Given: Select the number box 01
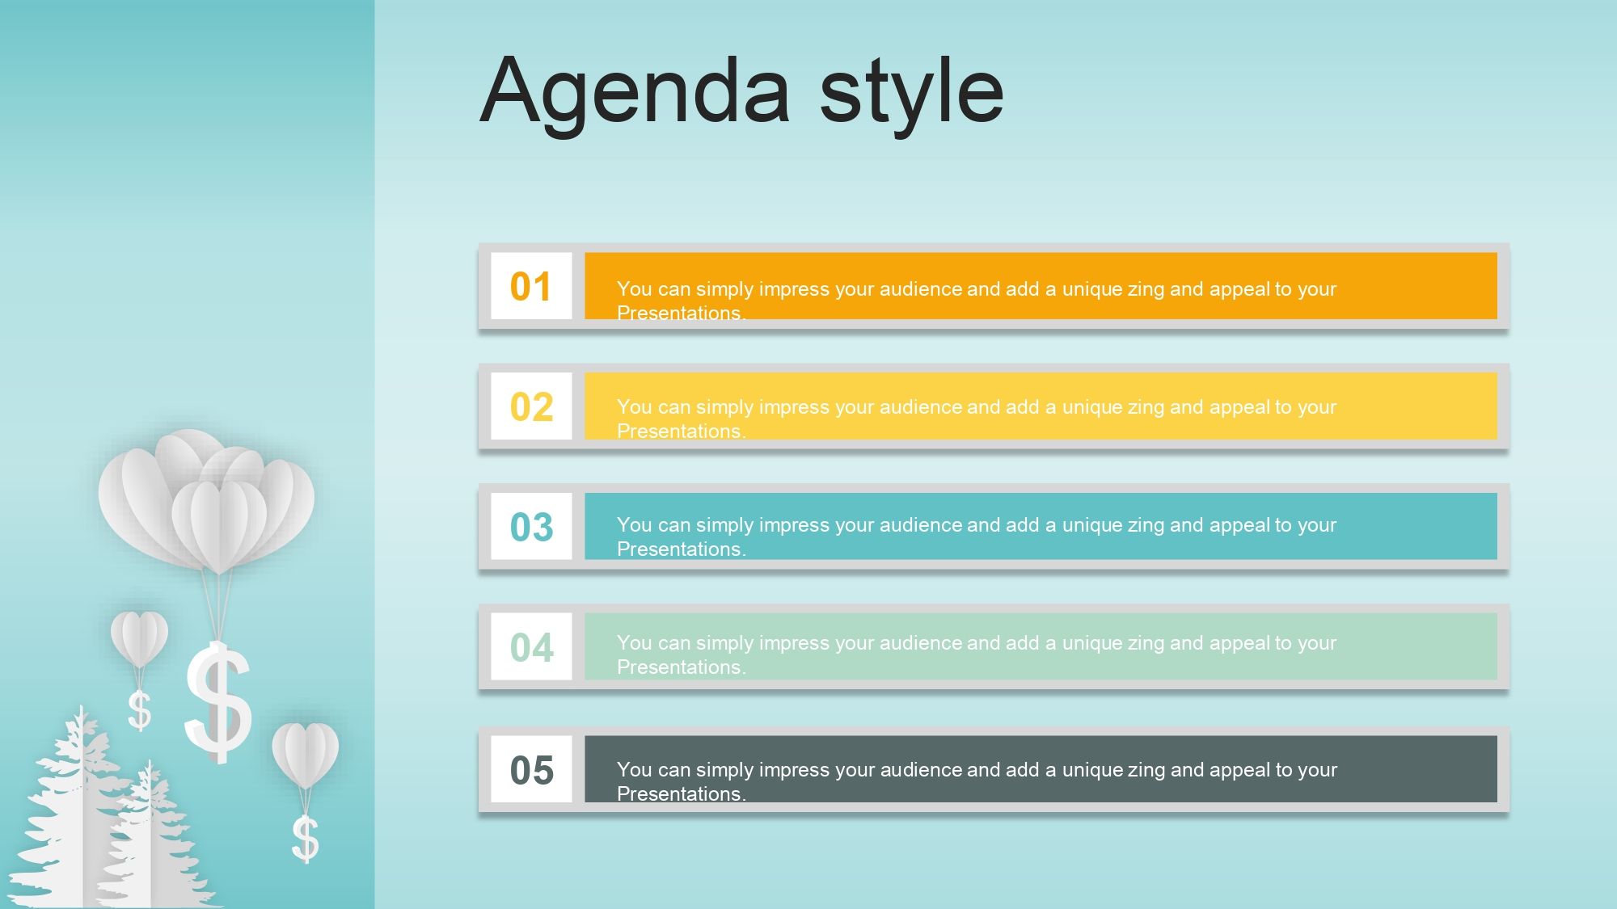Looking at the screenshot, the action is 531,286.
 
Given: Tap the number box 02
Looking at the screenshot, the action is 531,406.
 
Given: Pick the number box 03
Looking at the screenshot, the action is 531,526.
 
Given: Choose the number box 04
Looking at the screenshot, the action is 531,646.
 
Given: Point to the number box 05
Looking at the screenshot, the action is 531,769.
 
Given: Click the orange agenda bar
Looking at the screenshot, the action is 1041,286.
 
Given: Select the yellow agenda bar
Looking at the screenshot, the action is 1041,406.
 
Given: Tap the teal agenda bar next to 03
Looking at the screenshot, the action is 1041,526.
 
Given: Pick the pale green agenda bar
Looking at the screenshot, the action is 1041,646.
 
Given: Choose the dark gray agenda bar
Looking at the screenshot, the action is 1041,769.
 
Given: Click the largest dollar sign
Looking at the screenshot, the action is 217,702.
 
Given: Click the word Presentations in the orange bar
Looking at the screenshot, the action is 678,313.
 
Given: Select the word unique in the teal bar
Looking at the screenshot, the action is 1091,526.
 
